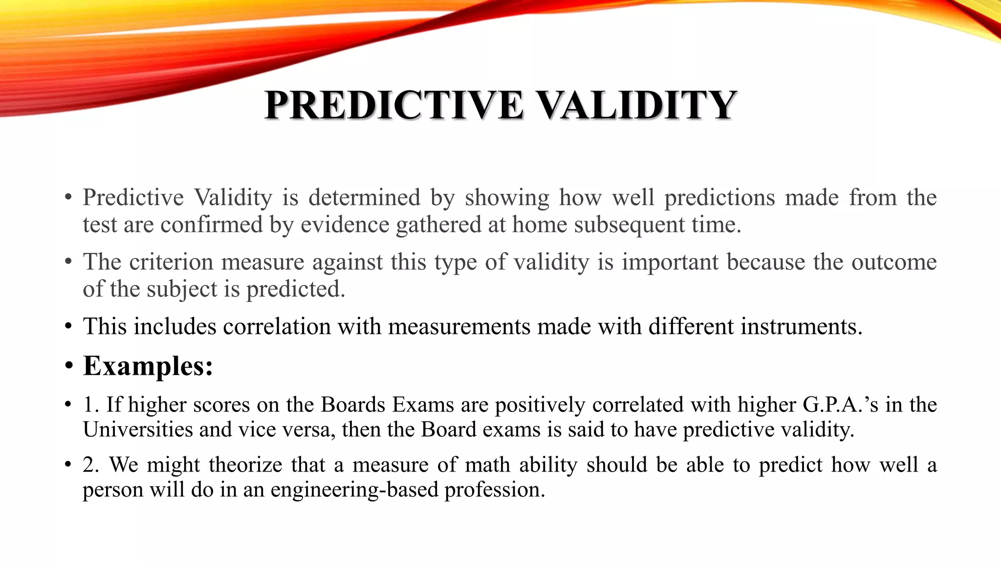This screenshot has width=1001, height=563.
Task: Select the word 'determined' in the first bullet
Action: point(364,197)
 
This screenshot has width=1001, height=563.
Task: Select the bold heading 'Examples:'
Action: point(148,366)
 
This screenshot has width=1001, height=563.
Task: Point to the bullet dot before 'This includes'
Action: point(68,326)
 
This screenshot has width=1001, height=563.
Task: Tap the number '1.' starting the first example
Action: point(91,405)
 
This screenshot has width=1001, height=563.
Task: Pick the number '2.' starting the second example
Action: point(91,465)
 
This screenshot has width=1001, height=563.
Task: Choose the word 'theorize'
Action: point(245,465)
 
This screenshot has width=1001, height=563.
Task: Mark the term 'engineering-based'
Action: point(354,490)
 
